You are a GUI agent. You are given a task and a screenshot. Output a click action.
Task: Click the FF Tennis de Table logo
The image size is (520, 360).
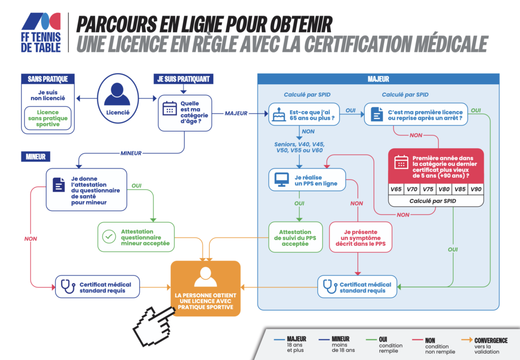tap(41, 32)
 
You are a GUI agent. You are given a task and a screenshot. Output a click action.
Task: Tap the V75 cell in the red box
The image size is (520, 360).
tap(428, 189)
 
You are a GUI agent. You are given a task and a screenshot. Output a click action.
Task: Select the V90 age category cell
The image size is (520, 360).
tap(476, 189)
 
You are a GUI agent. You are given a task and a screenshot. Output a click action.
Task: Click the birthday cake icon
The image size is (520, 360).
tap(279, 115)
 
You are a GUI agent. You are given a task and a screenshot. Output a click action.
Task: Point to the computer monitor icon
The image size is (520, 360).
tap(281, 180)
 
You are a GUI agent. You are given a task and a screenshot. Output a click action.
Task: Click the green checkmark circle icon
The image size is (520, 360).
tap(109, 237)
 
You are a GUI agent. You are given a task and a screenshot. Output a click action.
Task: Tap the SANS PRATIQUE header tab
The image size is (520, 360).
tap(48, 79)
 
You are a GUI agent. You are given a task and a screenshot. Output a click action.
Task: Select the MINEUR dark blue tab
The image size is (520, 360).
tap(36, 157)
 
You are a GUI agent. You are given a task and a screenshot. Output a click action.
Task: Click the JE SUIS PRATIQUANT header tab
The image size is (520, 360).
tap(183, 79)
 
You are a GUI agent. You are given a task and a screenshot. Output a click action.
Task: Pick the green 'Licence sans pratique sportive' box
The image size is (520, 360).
tap(48, 118)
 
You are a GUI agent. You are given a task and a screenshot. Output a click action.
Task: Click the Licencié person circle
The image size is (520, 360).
tap(118, 99)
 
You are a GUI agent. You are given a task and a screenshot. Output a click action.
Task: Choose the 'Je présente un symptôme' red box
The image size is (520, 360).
tap(361, 237)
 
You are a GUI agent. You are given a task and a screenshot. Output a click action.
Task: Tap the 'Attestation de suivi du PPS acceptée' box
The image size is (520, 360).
tap(295, 237)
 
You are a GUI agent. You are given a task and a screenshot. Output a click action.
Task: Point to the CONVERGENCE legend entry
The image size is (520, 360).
tap(484, 345)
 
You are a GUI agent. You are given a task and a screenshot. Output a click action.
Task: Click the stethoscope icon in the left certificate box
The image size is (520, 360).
tap(68, 286)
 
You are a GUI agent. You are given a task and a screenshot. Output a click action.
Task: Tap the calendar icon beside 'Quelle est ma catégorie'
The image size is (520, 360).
tap(170, 108)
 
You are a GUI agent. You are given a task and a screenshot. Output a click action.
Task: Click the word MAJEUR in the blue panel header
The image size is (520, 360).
tap(378, 79)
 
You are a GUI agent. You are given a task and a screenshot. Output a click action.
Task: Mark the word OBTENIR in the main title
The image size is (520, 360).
tap(301, 24)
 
